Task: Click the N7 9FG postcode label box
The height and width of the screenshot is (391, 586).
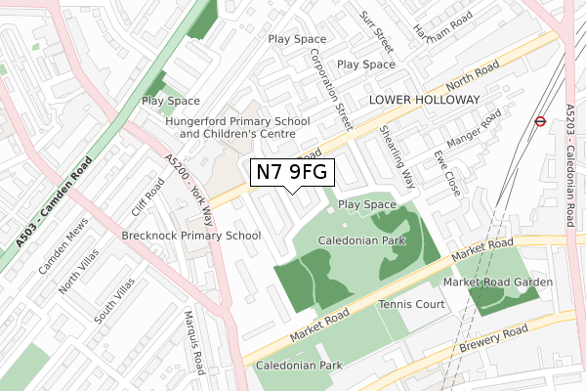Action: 294,173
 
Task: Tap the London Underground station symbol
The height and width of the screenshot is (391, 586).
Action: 539,122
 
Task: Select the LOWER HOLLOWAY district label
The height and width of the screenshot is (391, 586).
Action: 424,101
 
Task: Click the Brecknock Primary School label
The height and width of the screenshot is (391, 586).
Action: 191,236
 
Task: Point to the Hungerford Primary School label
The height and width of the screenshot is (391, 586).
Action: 237,121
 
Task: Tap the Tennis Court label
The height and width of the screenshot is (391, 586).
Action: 412,305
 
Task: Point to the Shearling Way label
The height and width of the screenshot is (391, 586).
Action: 398,155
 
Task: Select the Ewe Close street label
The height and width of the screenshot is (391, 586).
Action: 446,167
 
